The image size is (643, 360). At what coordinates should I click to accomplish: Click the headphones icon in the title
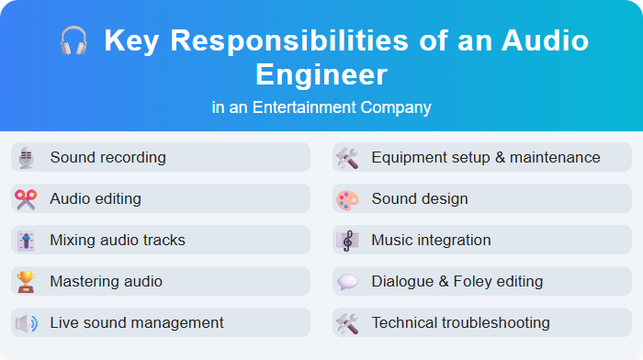click(73, 41)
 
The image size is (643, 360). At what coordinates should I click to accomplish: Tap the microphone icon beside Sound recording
click(26, 157)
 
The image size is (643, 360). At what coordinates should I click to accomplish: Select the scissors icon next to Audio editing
click(26, 198)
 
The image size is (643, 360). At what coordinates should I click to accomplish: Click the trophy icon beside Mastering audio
click(26, 281)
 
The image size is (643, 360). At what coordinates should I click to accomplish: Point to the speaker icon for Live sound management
click(26, 322)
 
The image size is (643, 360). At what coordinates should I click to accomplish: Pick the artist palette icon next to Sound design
click(347, 198)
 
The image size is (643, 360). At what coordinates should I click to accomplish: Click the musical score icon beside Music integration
click(347, 240)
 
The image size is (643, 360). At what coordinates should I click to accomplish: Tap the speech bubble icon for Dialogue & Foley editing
click(347, 281)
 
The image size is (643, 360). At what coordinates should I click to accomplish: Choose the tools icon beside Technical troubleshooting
click(347, 322)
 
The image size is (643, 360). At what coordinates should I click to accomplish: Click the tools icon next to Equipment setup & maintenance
click(347, 157)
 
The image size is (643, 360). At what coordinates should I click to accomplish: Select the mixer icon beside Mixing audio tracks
click(26, 240)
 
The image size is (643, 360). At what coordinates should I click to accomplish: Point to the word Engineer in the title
click(321, 73)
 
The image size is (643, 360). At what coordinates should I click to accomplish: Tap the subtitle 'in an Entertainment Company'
click(321, 107)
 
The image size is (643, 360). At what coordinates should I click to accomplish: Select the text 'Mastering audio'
click(106, 281)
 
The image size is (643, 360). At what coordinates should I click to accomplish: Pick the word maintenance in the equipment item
click(555, 157)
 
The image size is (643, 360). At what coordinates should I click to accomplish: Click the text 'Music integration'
click(431, 240)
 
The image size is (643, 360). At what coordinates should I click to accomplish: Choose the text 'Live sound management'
click(137, 322)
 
